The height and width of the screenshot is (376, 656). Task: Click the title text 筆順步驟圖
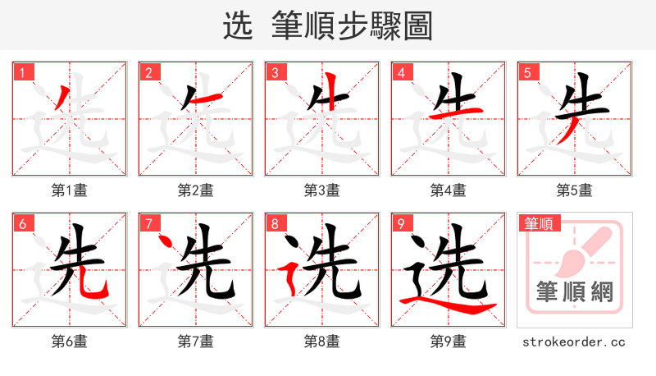[351, 26]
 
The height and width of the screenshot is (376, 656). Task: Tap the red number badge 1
[23, 72]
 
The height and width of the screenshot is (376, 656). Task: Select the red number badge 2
[149, 72]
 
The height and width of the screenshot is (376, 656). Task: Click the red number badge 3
[276, 72]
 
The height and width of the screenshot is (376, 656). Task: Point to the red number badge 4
[402, 72]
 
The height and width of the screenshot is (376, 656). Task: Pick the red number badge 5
[528, 72]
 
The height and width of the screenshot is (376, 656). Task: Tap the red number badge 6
[23, 223]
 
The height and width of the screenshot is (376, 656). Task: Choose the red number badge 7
[149, 223]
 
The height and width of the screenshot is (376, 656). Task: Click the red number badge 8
[276, 223]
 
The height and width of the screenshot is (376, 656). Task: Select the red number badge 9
[402, 223]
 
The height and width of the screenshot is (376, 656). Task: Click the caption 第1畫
[70, 190]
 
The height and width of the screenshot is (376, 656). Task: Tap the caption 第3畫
[322, 190]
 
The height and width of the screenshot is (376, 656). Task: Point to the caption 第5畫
[575, 190]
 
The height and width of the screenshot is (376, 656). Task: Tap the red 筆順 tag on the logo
[538, 223]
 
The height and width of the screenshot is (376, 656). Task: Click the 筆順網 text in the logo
[575, 291]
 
